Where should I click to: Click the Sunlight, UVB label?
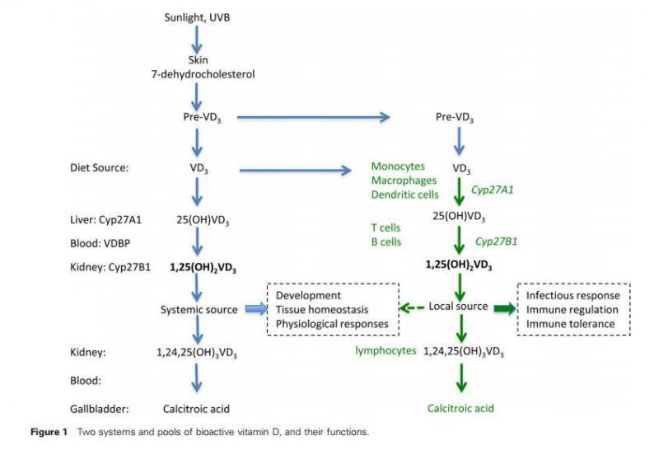pyautogui.click(x=197, y=16)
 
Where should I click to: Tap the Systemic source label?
pyautogui.click(x=199, y=309)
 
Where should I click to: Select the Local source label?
pyautogui.click(x=458, y=307)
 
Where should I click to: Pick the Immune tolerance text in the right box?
pyautogui.click(x=570, y=324)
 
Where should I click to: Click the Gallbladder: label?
pyautogui.click(x=102, y=407)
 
